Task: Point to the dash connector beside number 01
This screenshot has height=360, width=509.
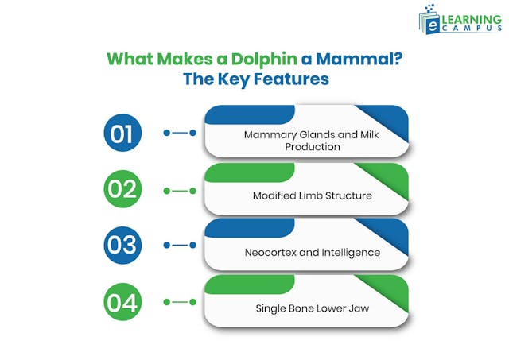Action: pos(180,133)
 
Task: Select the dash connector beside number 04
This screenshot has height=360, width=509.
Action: pos(180,303)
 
